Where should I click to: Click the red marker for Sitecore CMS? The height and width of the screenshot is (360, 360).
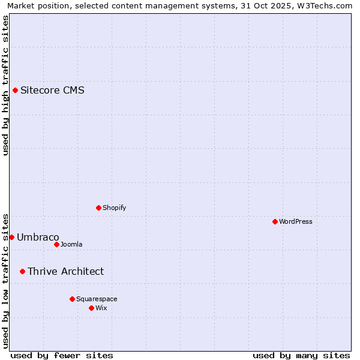tap(15, 91)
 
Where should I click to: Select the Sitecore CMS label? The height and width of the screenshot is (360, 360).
tap(52, 91)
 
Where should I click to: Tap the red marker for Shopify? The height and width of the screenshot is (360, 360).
tap(98, 208)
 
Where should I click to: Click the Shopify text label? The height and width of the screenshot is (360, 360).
tap(114, 208)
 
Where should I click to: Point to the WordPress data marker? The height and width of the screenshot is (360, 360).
tap(275, 221)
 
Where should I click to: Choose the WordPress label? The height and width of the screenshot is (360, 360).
tap(295, 221)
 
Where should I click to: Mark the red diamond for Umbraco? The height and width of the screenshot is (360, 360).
tap(11, 237)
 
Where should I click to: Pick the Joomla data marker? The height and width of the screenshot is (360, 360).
tap(56, 244)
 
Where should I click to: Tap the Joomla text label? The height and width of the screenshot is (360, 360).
tap(71, 244)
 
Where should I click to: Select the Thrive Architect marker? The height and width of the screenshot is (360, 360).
tap(22, 271)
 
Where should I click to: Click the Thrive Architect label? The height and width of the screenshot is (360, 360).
tap(65, 271)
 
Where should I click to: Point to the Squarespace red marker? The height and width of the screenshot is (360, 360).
tap(72, 299)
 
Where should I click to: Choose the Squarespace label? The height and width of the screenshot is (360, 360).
tap(97, 299)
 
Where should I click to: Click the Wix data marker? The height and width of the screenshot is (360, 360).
tap(91, 308)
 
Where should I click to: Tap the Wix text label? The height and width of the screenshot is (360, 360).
tap(101, 308)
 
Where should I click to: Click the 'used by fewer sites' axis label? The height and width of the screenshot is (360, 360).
tap(62, 355)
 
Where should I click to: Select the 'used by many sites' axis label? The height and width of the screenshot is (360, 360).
tap(301, 355)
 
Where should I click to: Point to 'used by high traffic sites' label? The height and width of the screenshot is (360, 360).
tap(5, 85)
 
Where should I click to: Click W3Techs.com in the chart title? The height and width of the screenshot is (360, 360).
tap(323, 5)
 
